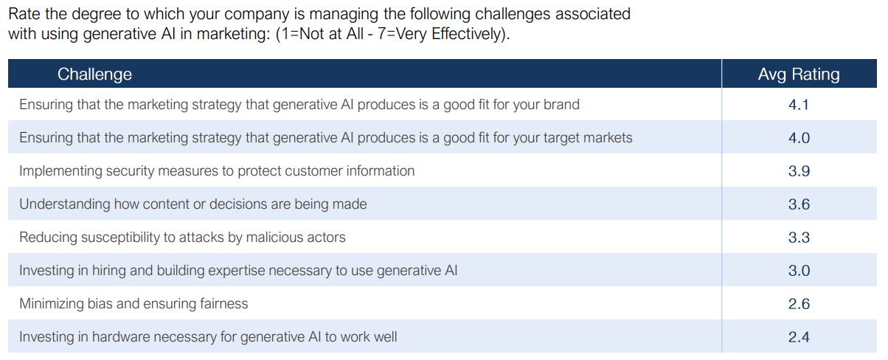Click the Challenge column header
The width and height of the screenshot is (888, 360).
coord(94,75)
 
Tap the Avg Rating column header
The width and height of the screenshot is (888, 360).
coord(799,75)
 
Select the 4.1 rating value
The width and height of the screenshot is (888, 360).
coord(799,105)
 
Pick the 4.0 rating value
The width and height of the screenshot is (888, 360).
coord(799,138)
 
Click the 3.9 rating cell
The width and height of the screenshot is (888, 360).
coord(799,171)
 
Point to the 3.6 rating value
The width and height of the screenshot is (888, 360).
coord(799,204)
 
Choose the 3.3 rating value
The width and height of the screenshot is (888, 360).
coord(799,238)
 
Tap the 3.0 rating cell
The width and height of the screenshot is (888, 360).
coord(799,271)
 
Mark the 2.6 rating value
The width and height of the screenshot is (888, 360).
coord(799,304)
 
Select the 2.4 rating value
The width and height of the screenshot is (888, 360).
coord(799,337)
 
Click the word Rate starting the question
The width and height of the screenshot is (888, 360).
coord(24,14)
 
